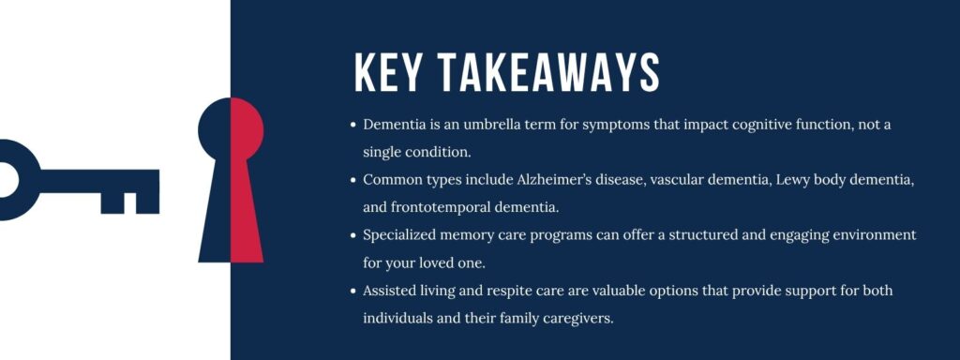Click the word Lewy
(794, 179)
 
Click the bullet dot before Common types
(353, 179)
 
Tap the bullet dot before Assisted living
(353, 291)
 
